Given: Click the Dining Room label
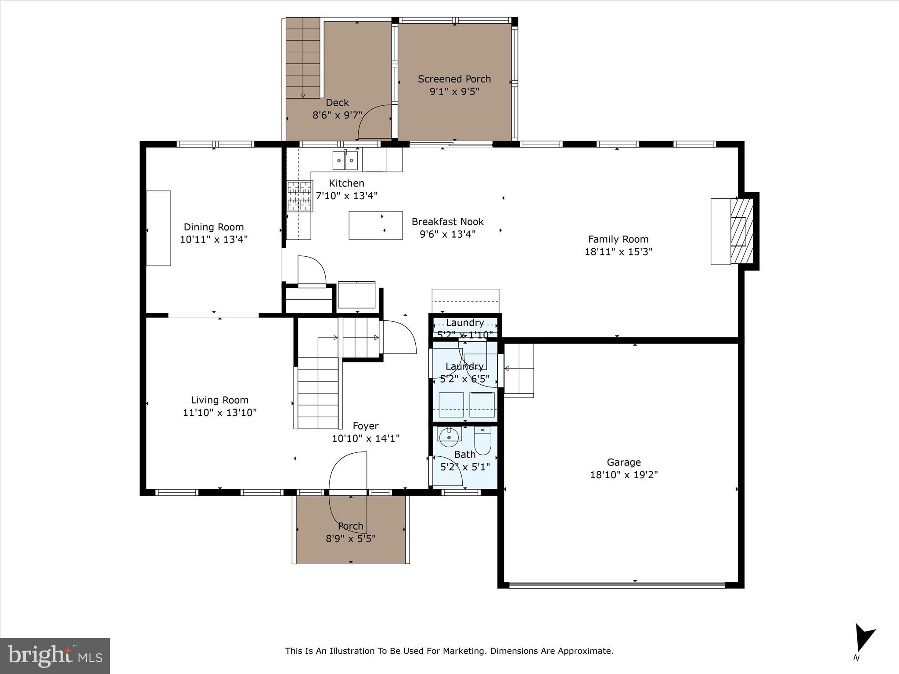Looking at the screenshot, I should [x=214, y=227].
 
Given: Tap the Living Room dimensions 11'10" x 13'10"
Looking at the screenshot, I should [x=219, y=412].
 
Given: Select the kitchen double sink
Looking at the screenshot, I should [x=345, y=160].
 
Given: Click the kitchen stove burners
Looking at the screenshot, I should [x=299, y=196].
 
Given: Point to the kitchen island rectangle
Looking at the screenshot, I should [x=375, y=225].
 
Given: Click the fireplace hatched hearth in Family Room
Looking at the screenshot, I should [x=741, y=231].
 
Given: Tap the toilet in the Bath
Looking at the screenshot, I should [x=482, y=441].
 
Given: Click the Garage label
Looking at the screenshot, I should [x=624, y=462].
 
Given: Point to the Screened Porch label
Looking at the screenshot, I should [x=454, y=79].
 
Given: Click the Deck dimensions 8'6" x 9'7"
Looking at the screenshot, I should [x=337, y=115].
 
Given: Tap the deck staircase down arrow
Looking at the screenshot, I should [x=303, y=95].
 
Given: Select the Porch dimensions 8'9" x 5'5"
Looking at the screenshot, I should [x=350, y=538].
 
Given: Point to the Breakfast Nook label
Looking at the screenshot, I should [x=447, y=222].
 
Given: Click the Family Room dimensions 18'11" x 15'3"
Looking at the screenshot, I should [x=619, y=251].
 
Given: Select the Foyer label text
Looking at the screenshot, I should [x=365, y=426].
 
